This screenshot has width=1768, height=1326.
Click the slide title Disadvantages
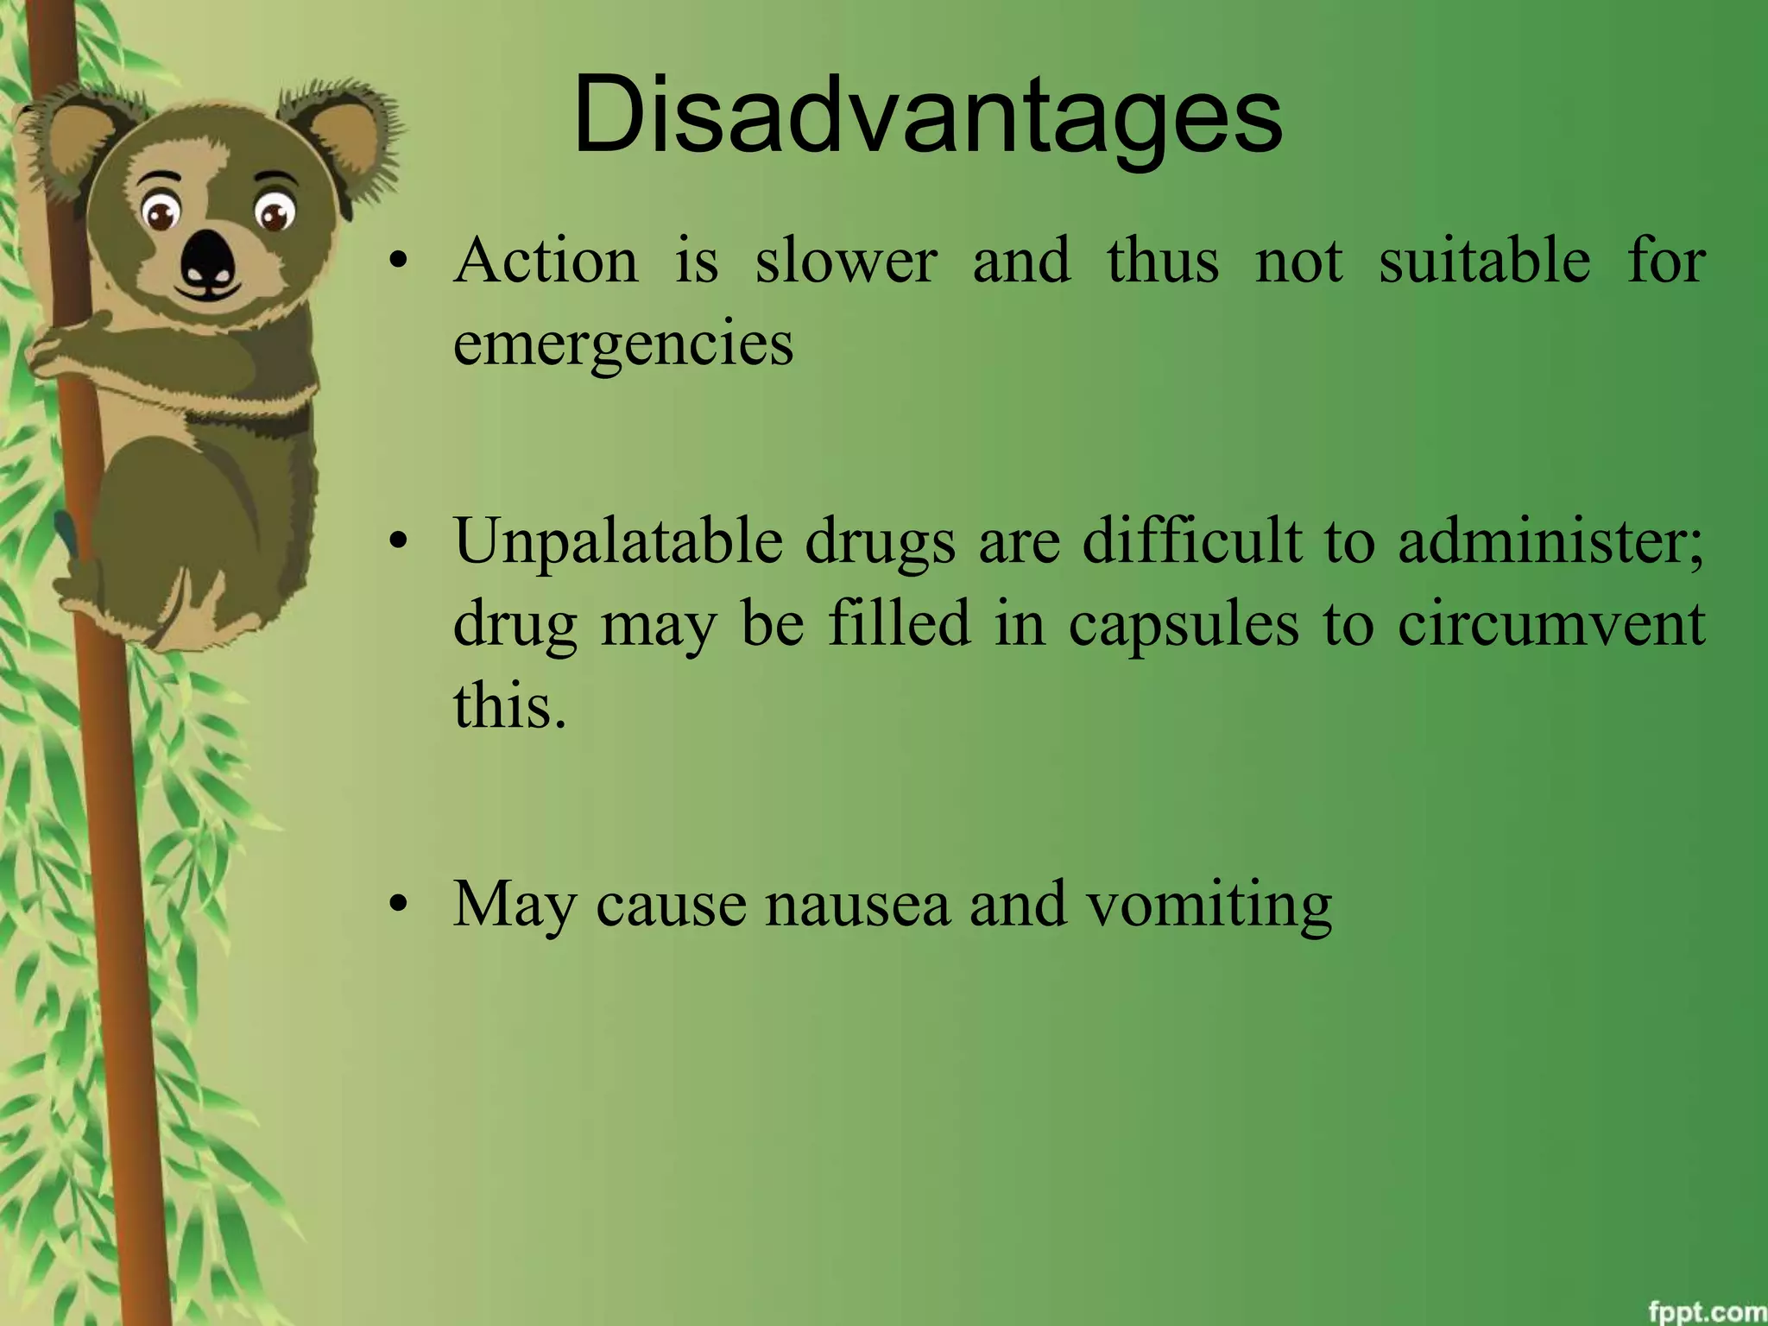(927, 117)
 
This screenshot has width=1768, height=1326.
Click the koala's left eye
(161, 212)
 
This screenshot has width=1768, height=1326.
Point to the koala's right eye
(275, 212)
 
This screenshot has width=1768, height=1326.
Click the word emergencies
(622, 344)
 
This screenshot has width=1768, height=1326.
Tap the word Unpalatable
(618, 543)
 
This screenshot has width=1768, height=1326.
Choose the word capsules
(1183, 624)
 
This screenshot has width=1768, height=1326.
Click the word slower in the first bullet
(845, 261)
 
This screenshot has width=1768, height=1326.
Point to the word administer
(1550, 543)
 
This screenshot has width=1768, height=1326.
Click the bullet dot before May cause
(397, 906)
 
